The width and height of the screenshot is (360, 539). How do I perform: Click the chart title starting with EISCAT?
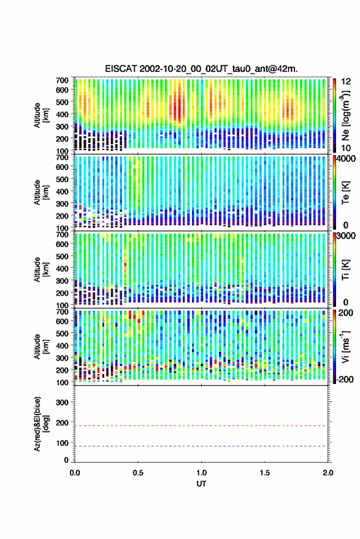[x=201, y=69]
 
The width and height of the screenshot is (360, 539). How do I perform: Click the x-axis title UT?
[x=201, y=484]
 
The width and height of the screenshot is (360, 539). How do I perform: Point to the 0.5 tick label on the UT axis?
[x=138, y=473]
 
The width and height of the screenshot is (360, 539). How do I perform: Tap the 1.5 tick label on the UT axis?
[x=265, y=473]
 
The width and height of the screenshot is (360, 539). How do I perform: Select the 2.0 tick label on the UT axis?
[x=328, y=473]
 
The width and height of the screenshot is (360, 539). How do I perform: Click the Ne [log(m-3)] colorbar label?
[x=345, y=115]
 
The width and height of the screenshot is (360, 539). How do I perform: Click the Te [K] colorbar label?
[x=345, y=193]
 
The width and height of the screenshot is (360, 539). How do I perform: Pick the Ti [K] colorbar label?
[x=345, y=270]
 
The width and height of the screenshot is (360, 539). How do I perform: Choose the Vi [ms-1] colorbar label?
[x=345, y=346]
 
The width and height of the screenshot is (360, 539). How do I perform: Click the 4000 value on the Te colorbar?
[x=345, y=159]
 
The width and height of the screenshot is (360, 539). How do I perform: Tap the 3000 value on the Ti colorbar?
[x=345, y=236]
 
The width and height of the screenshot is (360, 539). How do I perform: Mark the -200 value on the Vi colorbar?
[x=345, y=380]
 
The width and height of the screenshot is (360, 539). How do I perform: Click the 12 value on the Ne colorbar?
[x=346, y=82]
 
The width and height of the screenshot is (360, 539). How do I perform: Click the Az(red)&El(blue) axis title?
[x=40, y=424]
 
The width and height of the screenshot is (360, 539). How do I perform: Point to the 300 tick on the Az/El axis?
[x=62, y=402]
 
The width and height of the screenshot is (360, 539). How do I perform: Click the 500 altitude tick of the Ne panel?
[x=62, y=102]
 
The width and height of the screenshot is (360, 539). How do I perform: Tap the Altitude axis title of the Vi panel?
[x=40, y=346]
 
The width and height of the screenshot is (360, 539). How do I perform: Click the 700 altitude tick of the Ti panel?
[x=62, y=234]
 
